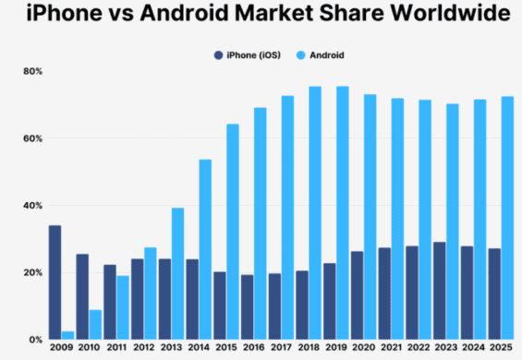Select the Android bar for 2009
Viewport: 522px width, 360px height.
click(x=68, y=335)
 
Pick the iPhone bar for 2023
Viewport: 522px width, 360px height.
click(x=439, y=291)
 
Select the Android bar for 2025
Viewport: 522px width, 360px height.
click(x=507, y=218)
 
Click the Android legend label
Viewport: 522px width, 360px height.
click(x=327, y=55)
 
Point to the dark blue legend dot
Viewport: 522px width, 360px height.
click(x=218, y=55)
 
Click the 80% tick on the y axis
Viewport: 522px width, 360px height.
click(x=32, y=72)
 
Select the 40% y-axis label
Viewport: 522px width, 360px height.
click(x=32, y=206)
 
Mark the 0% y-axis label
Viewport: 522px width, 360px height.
click(x=34, y=340)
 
